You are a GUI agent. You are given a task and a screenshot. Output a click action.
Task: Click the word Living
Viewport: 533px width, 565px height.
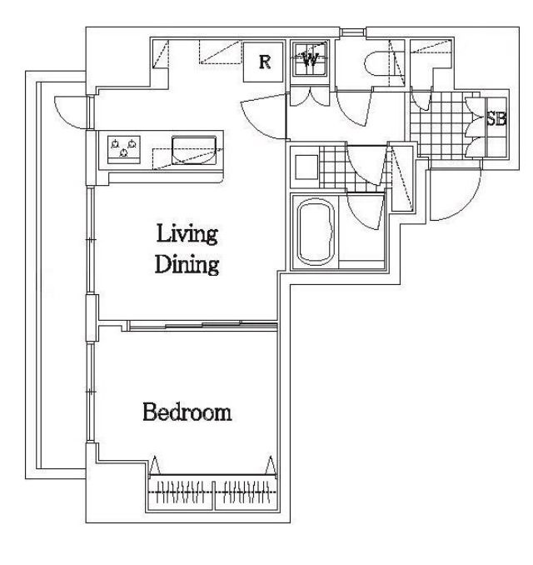click(x=187, y=234)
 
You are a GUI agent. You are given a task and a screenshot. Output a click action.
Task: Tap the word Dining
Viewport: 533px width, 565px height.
click(x=187, y=264)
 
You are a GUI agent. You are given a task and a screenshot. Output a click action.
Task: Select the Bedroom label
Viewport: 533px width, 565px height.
click(x=187, y=412)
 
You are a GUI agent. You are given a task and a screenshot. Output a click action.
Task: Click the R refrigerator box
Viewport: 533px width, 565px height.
click(x=263, y=62)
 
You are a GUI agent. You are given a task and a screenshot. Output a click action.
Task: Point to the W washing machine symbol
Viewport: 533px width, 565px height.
click(x=310, y=59)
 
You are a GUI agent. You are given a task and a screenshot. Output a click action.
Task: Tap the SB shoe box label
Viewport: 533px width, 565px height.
click(x=496, y=118)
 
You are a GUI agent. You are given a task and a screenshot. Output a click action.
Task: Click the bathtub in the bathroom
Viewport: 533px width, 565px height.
click(x=316, y=232)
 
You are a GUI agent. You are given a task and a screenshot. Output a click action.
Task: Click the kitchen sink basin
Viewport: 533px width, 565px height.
click(x=194, y=150)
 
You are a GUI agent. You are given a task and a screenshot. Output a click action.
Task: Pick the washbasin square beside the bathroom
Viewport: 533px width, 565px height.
click(x=306, y=167)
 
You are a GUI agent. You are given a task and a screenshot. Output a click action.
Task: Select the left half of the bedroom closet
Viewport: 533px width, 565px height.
click(x=182, y=492)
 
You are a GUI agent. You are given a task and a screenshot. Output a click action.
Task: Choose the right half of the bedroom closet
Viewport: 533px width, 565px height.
click(x=246, y=492)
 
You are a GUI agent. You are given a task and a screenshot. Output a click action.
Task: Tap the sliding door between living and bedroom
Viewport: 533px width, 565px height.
click(x=202, y=325)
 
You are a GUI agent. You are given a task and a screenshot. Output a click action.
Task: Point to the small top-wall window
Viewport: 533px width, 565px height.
click(x=353, y=32)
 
